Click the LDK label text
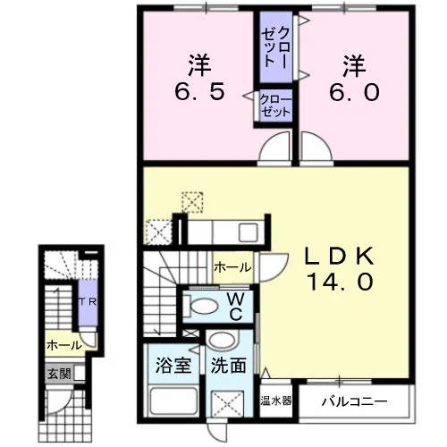(x=339, y=256)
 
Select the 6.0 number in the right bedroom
(x=354, y=92)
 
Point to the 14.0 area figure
(x=340, y=282)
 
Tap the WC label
(x=236, y=307)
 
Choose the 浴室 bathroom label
(x=173, y=365)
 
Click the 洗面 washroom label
(x=228, y=365)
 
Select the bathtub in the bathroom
(x=174, y=401)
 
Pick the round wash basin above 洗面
(x=223, y=339)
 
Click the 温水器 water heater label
(x=276, y=401)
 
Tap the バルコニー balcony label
(x=355, y=401)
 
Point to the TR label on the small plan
(x=88, y=301)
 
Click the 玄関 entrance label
(x=60, y=373)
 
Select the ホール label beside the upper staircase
(x=232, y=267)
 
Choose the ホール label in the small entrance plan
(x=64, y=346)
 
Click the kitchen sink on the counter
(x=248, y=232)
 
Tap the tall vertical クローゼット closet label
(x=275, y=47)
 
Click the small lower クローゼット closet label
(x=275, y=106)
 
